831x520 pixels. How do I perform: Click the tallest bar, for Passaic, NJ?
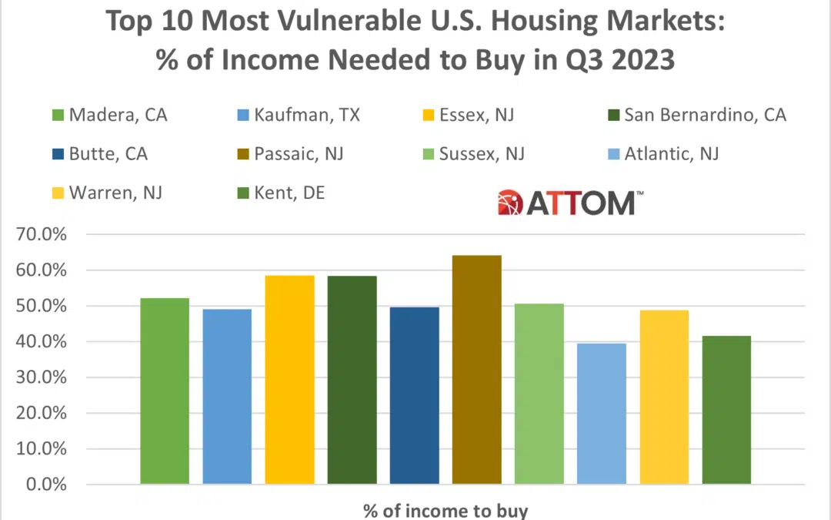coord(476,370)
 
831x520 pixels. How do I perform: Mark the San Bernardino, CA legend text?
coord(705,116)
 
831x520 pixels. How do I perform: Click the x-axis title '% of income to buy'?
coord(446,510)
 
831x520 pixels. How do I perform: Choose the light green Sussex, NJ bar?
coord(539,394)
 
